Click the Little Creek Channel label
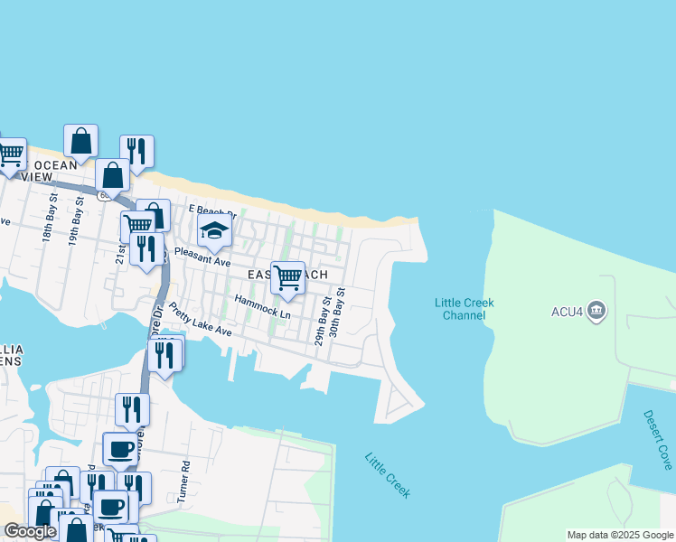[464, 309]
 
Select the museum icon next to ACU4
[596, 312]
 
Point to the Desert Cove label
[658, 439]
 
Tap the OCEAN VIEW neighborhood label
[55, 171]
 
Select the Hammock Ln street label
[262, 305]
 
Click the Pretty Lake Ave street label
[200, 319]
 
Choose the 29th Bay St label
[320, 322]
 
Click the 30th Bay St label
[337, 313]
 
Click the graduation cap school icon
[214, 230]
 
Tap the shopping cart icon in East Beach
[287, 277]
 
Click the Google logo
[30, 531]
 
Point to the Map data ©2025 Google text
[619, 535]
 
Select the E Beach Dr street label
[211, 212]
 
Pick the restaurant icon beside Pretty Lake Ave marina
[164, 354]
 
